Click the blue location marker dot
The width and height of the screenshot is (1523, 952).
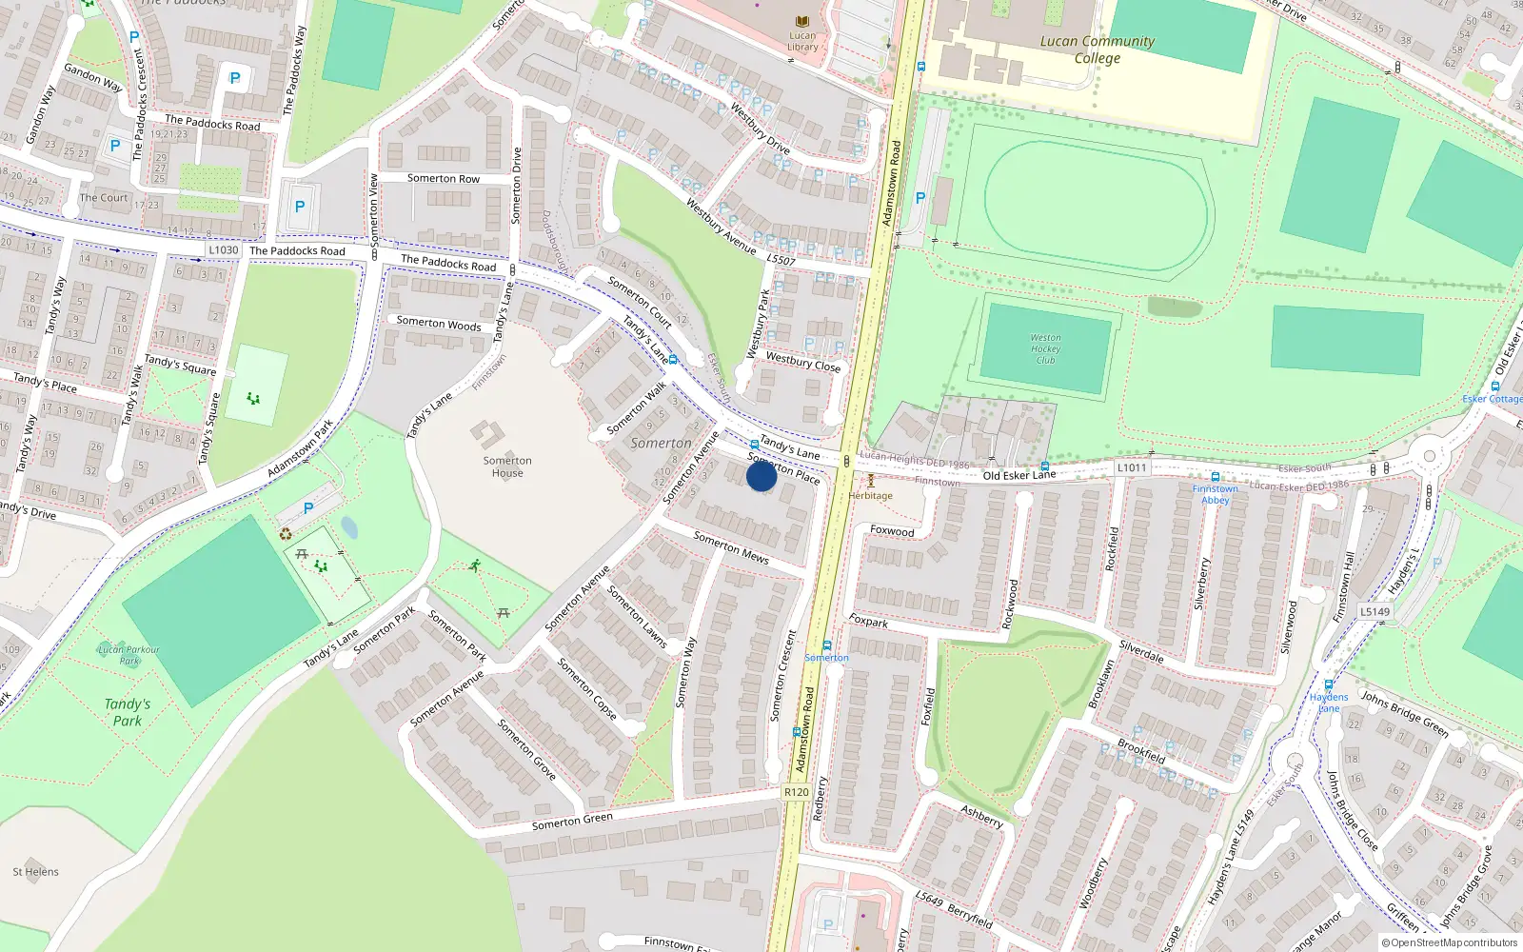click(x=761, y=476)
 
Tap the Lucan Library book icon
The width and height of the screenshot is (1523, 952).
click(x=802, y=22)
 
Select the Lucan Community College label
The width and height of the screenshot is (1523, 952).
click(x=1097, y=50)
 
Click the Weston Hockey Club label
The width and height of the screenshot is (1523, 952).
click(x=1045, y=348)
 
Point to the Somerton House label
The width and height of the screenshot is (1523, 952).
click(x=507, y=466)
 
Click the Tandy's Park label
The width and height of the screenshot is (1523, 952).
click(x=128, y=712)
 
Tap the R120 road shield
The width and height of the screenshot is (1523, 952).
click(x=796, y=792)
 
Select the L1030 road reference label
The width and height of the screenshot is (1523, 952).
click(x=224, y=250)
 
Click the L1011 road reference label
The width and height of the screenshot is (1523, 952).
click(x=1132, y=467)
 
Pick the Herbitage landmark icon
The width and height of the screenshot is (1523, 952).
click(x=870, y=482)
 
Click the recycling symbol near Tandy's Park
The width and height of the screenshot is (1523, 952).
click(x=286, y=534)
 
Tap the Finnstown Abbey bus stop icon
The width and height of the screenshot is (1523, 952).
click(x=1216, y=477)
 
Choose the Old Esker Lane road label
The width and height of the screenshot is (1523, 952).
click(x=1019, y=475)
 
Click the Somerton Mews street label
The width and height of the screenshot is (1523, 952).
click(x=730, y=547)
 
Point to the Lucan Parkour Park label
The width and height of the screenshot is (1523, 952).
click(x=129, y=655)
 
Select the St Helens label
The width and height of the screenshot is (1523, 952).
click(x=36, y=872)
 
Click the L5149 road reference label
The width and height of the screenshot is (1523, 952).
click(x=1375, y=612)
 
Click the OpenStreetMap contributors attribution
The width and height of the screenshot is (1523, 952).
click(x=1449, y=943)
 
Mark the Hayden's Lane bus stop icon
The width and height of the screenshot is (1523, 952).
click(x=1328, y=684)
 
